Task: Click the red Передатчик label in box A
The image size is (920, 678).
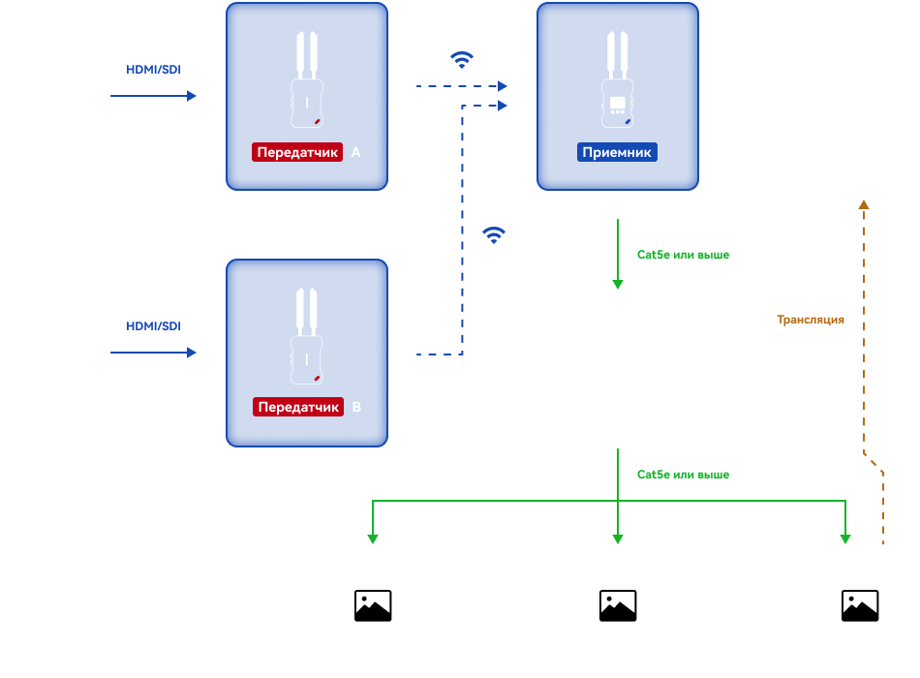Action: [297, 152]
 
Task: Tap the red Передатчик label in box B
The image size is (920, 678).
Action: [298, 407]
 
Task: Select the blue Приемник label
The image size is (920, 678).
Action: [617, 152]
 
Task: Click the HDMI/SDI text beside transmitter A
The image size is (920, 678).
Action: [153, 70]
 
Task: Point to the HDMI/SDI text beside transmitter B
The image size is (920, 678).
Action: [153, 325]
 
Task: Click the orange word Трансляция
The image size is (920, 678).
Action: [811, 320]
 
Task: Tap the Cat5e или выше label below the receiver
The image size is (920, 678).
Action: [683, 254]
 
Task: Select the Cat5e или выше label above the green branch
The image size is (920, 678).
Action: [683, 475]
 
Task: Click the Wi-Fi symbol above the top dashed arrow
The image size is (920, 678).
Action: [462, 59]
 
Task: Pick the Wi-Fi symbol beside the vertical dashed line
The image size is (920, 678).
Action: [494, 234]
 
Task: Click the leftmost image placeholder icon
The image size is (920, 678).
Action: [373, 605]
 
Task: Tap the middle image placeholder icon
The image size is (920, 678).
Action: [618, 605]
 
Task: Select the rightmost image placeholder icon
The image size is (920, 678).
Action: [860, 605]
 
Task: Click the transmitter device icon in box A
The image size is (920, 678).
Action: [307, 79]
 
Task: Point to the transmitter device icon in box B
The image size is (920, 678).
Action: [307, 336]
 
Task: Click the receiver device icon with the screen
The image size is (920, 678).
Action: [617, 79]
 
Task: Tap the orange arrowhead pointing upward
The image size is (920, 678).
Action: [864, 204]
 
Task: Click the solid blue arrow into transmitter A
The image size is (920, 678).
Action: [153, 96]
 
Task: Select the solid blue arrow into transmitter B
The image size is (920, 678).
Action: [153, 353]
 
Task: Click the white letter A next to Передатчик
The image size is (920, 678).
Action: [355, 152]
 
